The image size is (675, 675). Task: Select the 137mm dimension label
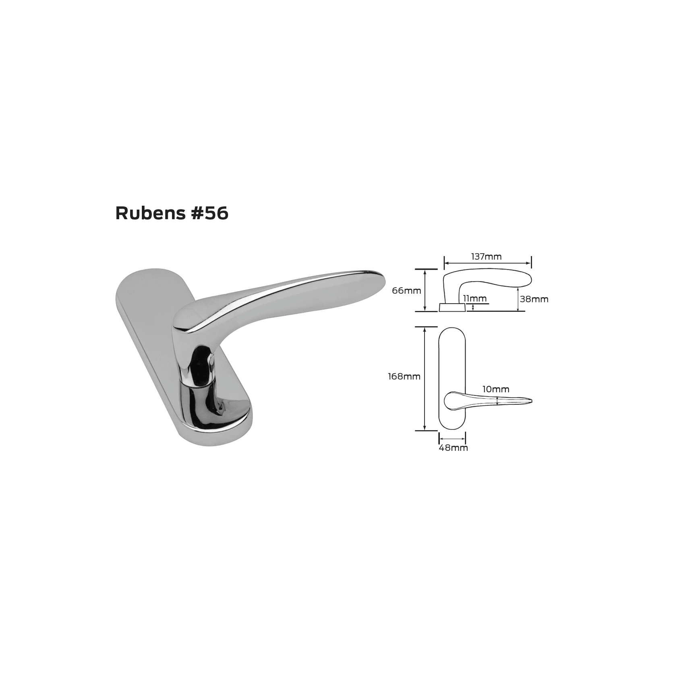486,257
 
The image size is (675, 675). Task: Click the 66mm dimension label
406,290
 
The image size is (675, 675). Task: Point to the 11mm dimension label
474,298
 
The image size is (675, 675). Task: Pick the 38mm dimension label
534,299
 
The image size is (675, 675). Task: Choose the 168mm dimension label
404,377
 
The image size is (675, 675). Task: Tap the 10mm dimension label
496,389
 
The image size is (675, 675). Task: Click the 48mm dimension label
453,447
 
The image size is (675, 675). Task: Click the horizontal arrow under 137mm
487,263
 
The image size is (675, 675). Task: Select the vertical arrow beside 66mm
425,290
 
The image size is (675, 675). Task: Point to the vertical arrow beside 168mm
425,378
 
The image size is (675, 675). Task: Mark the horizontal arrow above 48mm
452,439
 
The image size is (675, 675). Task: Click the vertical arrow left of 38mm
518,299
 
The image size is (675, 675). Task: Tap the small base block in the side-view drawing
451,307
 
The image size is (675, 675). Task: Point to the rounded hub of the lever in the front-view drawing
451,401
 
